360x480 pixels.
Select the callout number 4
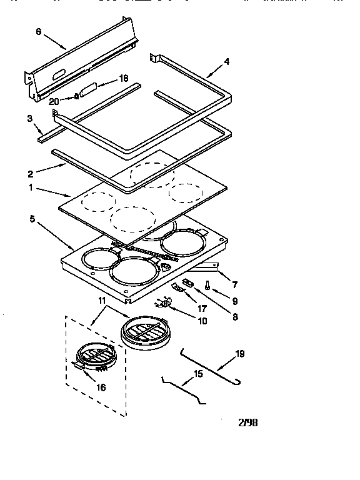[227, 61]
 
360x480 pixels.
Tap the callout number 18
[123, 78]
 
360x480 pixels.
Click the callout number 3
[29, 118]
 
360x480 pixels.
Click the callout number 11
[101, 301]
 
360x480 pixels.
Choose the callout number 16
[101, 387]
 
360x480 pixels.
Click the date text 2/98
[247, 422]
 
